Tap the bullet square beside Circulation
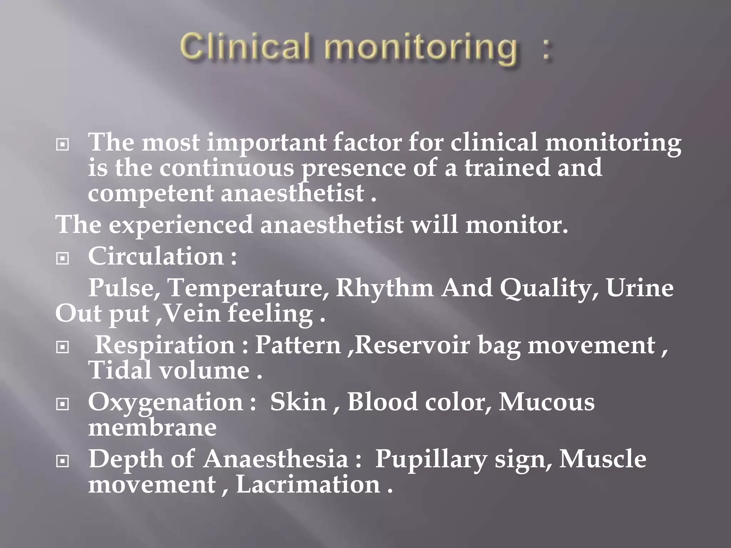tap(63, 258)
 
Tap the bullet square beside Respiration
tap(63, 347)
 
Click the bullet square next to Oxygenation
tap(63, 404)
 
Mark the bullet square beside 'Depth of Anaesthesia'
tap(63, 461)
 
